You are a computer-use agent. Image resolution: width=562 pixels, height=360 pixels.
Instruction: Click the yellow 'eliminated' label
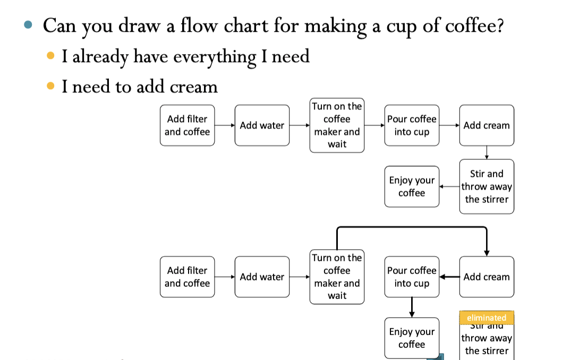point(487,318)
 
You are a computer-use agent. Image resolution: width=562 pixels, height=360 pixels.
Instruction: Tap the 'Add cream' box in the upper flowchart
point(487,125)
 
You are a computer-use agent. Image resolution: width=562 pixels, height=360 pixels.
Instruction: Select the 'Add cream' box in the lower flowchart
point(487,277)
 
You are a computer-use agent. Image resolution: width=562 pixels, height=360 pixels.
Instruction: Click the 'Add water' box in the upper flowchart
point(262,125)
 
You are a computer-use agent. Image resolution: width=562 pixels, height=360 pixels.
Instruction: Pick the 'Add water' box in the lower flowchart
point(262,277)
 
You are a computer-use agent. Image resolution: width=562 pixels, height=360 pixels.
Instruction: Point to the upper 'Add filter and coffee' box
point(187,125)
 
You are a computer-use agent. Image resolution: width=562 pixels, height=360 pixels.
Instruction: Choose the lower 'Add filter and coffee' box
point(187,277)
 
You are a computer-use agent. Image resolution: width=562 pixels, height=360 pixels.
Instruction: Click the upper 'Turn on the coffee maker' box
point(337,125)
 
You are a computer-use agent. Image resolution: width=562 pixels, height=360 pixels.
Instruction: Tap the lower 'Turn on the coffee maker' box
point(337,277)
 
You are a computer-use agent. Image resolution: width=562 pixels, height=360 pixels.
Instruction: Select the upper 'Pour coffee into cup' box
point(412,125)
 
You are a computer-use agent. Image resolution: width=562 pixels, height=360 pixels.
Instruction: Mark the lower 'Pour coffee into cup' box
point(412,277)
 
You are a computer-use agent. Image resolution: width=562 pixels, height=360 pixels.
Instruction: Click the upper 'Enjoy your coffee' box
point(412,186)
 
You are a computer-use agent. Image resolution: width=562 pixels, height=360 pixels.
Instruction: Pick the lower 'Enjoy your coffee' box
point(412,338)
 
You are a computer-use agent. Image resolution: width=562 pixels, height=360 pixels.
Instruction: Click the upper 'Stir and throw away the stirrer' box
point(487,186)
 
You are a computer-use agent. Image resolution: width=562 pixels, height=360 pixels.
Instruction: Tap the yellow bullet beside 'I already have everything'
point(50,55)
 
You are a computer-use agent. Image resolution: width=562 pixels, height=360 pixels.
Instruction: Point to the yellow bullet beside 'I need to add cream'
point(50,85)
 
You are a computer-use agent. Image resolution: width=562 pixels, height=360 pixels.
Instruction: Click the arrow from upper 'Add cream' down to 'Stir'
point(487,152)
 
